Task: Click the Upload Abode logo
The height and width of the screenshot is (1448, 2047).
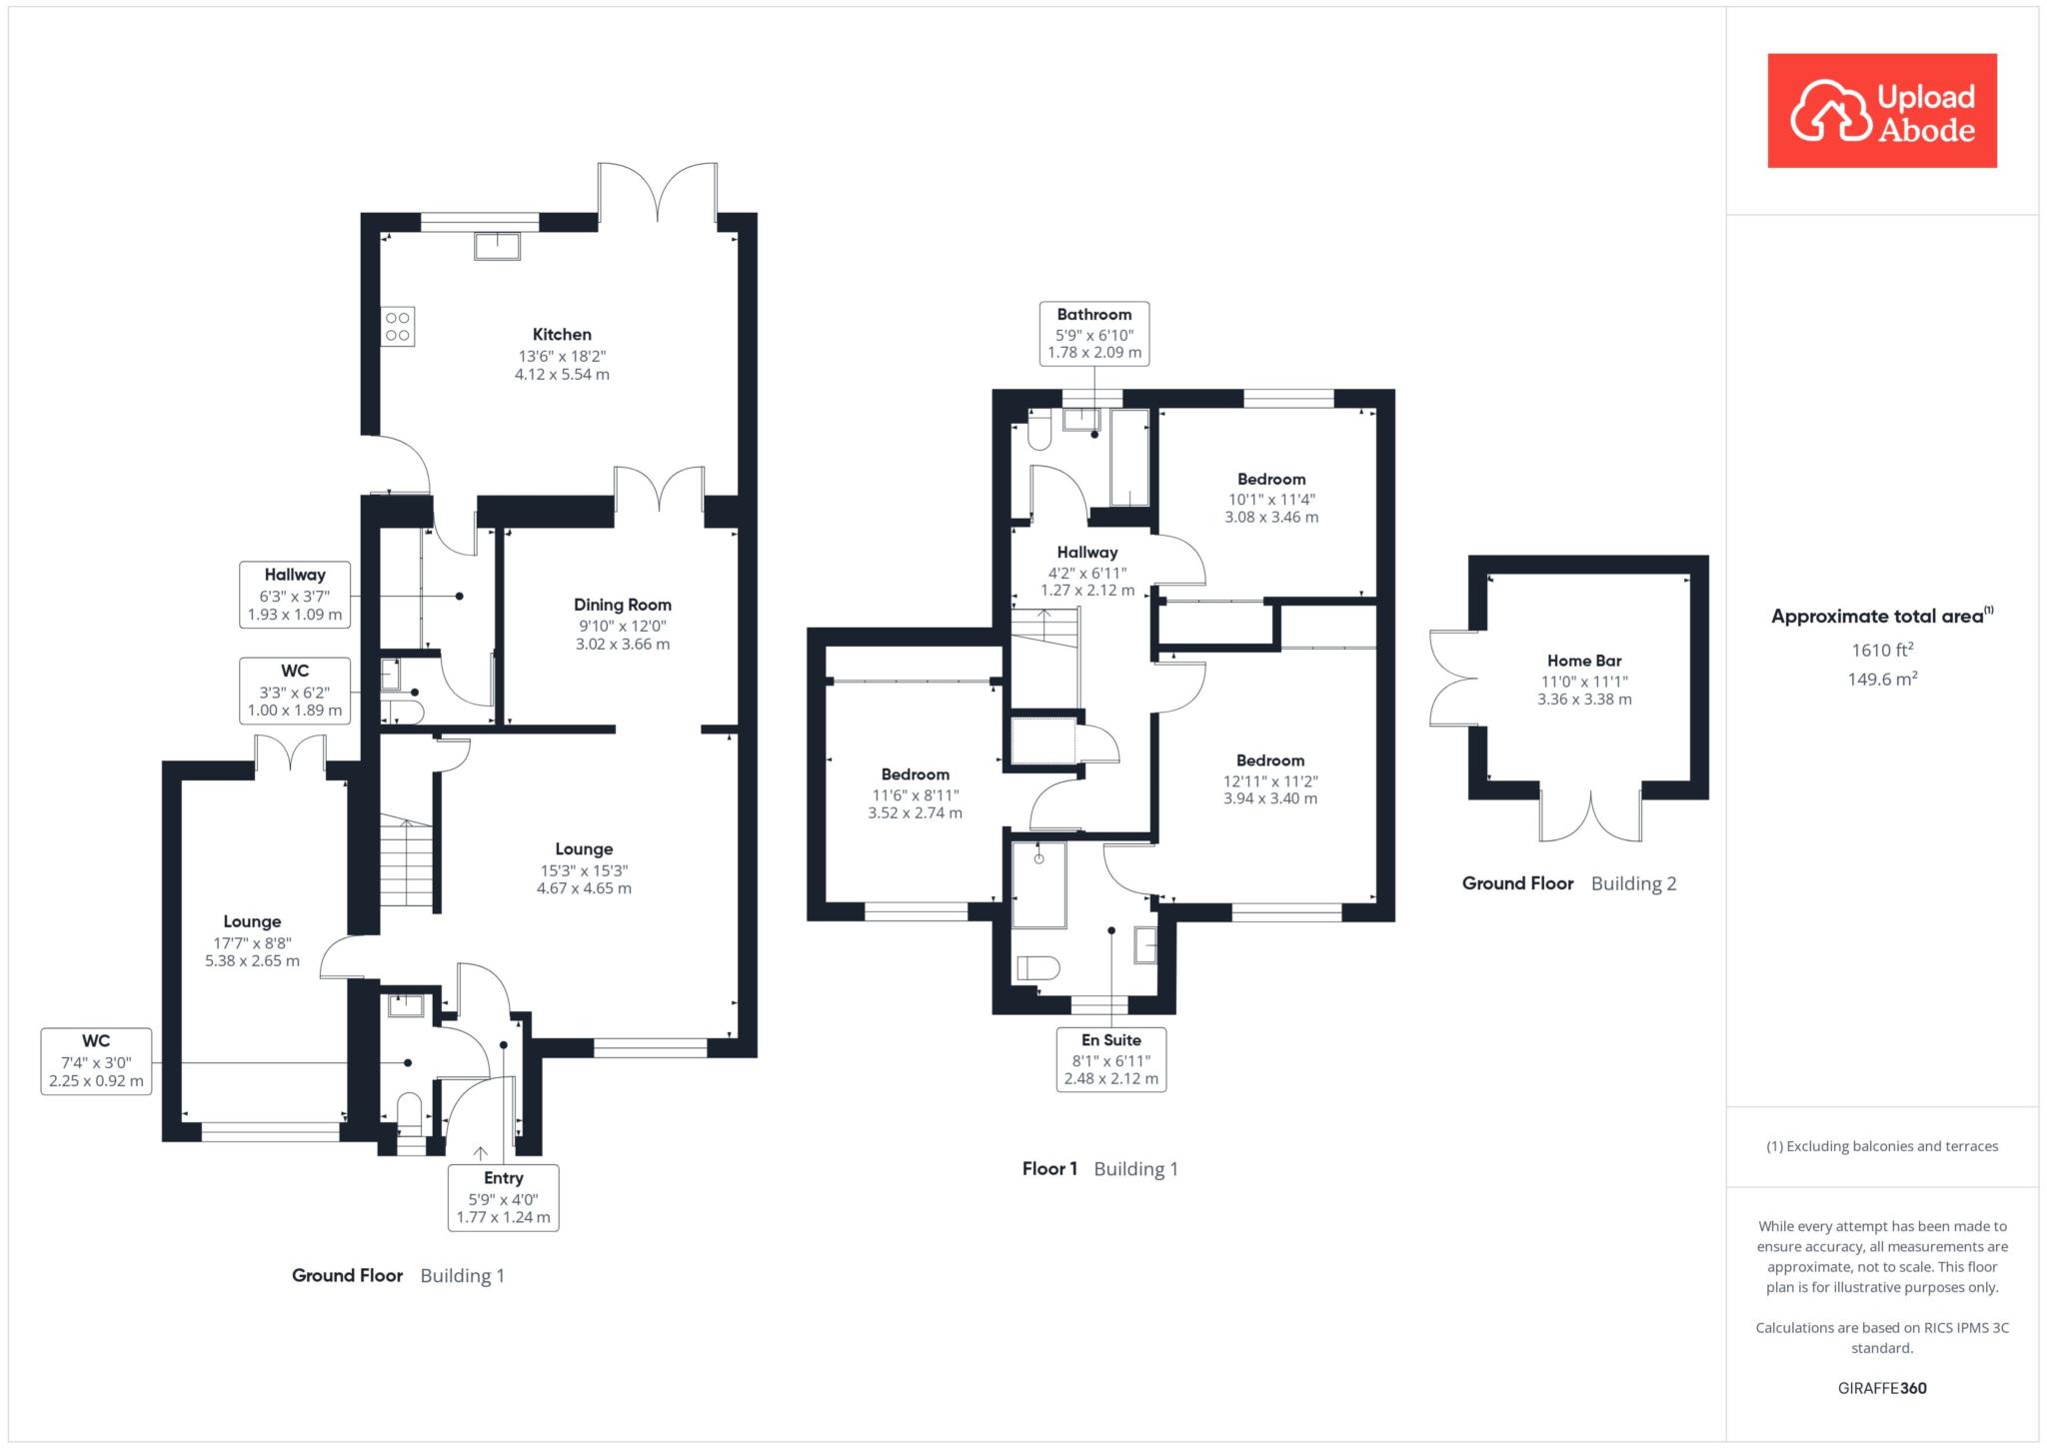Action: (1882, 110)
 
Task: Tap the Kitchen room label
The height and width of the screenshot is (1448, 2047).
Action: (562, 335)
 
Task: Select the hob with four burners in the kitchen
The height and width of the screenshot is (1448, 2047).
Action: (398, 327)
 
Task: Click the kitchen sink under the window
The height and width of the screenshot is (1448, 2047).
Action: (497, 246)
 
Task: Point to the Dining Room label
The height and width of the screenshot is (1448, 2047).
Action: (623, 605)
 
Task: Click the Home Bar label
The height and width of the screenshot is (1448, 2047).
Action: (1584, 661)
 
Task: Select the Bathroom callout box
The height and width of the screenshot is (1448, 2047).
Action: (1094, 333)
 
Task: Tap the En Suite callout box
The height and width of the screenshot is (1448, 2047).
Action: (1111, 1059)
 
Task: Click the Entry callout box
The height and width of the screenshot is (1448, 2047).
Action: (504, 1197)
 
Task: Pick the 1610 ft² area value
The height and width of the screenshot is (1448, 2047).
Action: (1882, 650)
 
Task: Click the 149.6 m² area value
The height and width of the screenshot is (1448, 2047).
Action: (1882, 680)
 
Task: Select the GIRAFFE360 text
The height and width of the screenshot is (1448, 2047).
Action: (1882, 1388)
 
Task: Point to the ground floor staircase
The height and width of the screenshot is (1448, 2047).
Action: (406, 863)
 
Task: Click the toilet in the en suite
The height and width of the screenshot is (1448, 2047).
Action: (1037, 967)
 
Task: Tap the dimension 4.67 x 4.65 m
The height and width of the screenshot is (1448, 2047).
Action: (584, 888)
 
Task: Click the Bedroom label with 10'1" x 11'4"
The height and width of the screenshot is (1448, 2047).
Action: (1271, 479)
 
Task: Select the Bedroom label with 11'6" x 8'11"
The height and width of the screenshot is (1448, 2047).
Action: (916, 774)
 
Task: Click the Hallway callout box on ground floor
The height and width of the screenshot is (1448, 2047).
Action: (295, 595)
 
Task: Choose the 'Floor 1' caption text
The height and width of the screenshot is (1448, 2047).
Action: (1049, 1169)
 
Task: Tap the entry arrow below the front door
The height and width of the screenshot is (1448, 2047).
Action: (480, 1153)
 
